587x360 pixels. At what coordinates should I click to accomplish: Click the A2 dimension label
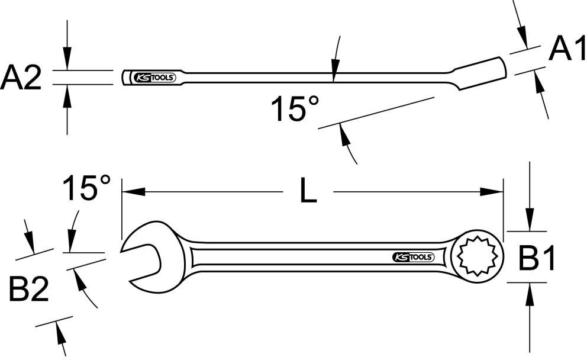(22, 78)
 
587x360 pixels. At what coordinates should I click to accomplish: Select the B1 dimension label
(537, 259)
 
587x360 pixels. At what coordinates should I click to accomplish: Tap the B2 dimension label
(28, 290)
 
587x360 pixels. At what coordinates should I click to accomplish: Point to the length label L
(308, 191)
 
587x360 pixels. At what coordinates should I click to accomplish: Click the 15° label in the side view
(295, 109)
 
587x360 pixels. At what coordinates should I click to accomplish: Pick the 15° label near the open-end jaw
(87, 188)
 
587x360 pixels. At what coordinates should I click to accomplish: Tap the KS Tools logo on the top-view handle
(414, 257)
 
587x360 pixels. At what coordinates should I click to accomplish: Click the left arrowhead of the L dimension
(131, 191)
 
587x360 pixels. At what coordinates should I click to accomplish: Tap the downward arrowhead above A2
(67, 60)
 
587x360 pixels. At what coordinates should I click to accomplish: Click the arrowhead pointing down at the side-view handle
(334, 71)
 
